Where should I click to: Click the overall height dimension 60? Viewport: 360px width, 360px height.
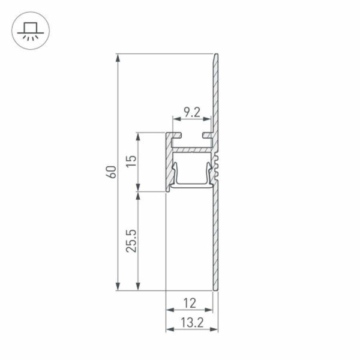click(x=110, y=172)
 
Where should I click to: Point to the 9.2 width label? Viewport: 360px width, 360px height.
click(x=191, y=112)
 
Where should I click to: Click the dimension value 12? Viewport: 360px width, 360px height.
click(x=190, y=303)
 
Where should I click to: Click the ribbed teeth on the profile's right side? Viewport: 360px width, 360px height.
click(x=218, y=165)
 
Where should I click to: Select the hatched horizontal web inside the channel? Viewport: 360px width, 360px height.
click(x=192, y=146)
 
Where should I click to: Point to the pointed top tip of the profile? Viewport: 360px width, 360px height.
click(x=216, y=56)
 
